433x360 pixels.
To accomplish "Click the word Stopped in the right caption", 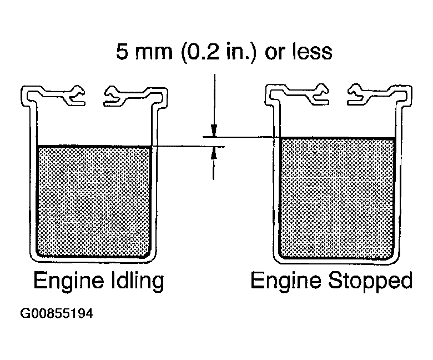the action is (370, 281).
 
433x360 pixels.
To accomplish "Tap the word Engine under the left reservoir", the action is (69, 281).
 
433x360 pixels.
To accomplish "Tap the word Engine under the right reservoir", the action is (286, 281).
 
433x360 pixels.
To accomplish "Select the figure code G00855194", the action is (57, 313).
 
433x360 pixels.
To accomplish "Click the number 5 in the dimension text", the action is (122, 52).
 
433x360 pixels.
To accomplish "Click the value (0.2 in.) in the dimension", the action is (218, 52).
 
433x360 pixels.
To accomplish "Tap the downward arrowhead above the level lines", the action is (214, 131).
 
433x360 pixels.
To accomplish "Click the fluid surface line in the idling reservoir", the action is (94, 146).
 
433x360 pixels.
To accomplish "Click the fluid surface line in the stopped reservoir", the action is (338, 138).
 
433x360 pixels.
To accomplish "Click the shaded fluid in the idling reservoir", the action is (94, 202).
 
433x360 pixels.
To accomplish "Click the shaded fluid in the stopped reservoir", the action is (338, 198).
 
